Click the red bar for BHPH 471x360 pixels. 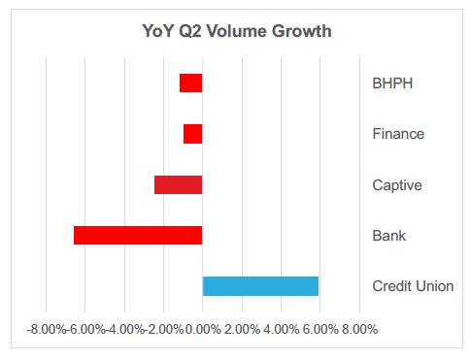pos(190,83)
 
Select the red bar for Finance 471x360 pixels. pos(192,134)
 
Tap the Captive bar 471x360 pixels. pos(178,184)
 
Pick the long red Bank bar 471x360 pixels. pos(138,235)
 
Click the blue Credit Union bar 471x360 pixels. pos(260,285)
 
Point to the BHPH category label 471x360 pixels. pos(392,83)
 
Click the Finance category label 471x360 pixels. pos(398,134)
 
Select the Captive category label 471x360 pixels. pos(396,184)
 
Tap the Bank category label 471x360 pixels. pos(388,235)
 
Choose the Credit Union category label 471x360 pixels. pos(413,286)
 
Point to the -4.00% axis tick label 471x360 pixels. pos(125,330)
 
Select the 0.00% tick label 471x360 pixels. pos(203,330)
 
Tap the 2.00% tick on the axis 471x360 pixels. pos(242,330)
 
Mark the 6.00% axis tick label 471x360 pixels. pos(320,330)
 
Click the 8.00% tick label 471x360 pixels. pos(357,330)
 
